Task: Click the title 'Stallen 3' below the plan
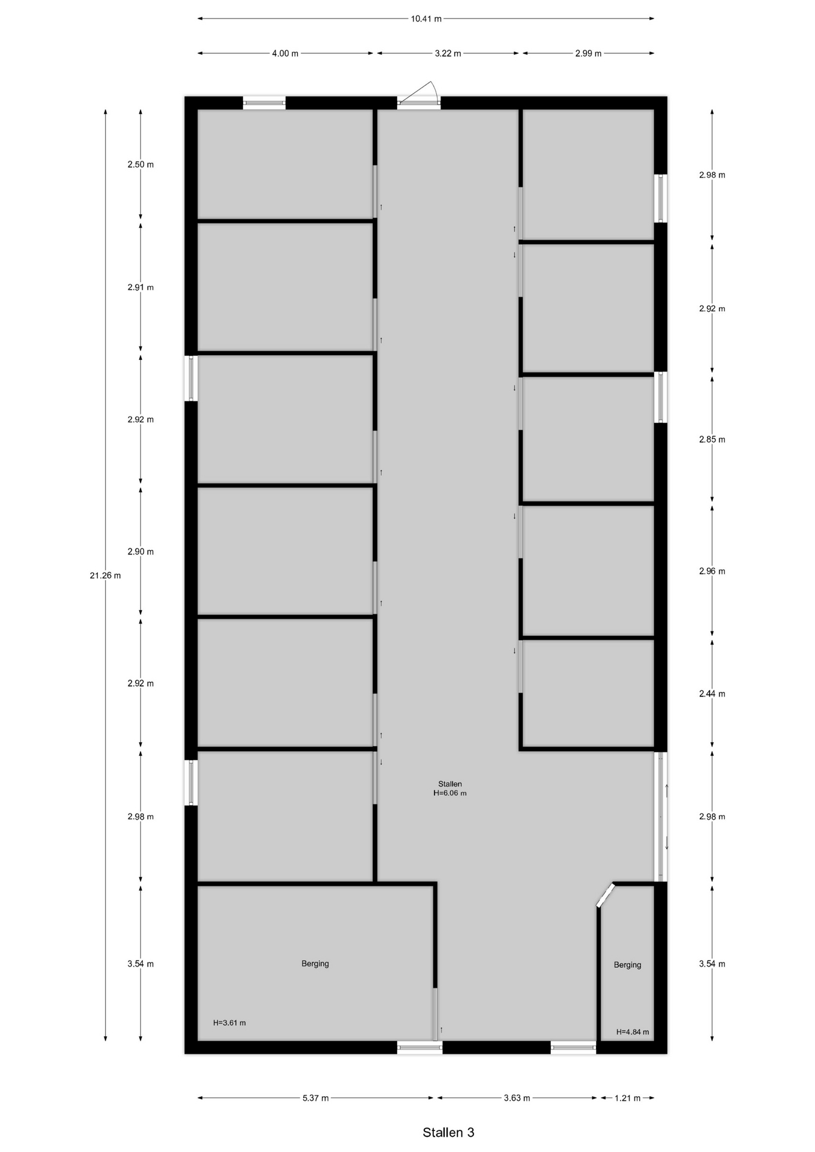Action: coord(448,1132)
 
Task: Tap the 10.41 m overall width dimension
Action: coord(426,19)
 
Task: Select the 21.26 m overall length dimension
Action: coord(105,575)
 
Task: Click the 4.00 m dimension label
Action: coord(285,53)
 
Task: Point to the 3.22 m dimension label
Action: coord(448,53)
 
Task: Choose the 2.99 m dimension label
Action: coord(588,53)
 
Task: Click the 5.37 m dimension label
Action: coord(316,1098)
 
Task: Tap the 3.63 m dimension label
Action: coord(517,1098)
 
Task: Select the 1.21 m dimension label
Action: coord(627,1098)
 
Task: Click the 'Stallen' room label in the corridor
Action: coord(450,784)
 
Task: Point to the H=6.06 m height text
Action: coord(450,793)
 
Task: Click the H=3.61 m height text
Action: coord(229,1022)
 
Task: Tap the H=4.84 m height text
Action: coord(633,1032)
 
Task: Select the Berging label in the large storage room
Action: coord(315,964)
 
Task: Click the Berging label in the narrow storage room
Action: coord(627,965)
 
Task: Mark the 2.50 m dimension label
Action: coord(140,164)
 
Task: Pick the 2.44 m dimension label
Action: coord(712,694)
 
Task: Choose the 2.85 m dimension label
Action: coord(712,439)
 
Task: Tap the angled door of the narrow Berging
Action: coord(606,895)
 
